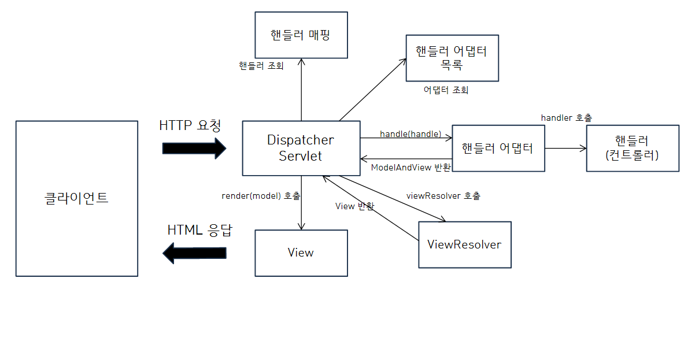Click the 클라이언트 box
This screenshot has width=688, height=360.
[x=76, y=198]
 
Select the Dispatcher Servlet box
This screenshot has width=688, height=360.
[x=301, y=148]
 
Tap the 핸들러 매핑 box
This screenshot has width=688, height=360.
[x=301, y=34]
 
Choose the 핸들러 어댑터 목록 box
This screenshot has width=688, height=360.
[x=452, y=58]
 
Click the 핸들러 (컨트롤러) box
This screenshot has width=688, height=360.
[x=632, y=148]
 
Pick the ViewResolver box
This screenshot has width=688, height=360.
[x=464, y=244]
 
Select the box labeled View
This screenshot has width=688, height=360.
[x=301, y=253]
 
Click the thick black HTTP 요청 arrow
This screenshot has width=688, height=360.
[x=194, y=148]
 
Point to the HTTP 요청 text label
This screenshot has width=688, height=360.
[x=190, y=125]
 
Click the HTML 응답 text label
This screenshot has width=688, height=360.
[x=199, y=230]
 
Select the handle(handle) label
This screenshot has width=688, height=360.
[x=410, y=134]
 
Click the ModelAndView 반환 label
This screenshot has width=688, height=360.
[x=410, y=167]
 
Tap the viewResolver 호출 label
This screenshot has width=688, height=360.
[x=443, y=196]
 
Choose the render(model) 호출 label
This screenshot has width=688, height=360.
[x=261, y=196]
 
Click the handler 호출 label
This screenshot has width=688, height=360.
[x=566, y=117]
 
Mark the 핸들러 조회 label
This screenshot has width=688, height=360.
[x=261, y=66]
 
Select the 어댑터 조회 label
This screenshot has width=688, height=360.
[x=446, y=90]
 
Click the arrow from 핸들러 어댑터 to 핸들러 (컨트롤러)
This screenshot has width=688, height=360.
[x=565, y=149]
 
